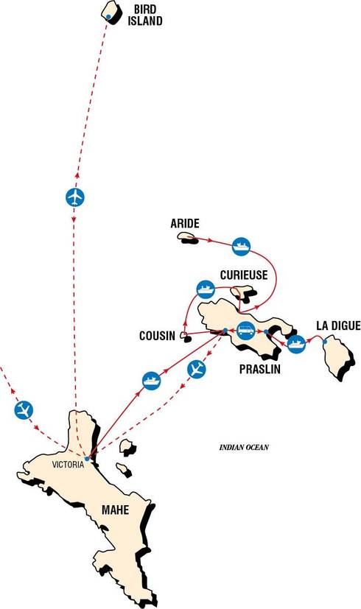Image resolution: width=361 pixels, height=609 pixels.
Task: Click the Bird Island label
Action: click(145, 15)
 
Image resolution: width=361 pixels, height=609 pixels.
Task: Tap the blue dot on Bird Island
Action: click(108, 16)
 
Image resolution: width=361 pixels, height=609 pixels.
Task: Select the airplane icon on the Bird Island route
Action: click(75, 197)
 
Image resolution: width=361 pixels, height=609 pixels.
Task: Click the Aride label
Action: click(185, 223)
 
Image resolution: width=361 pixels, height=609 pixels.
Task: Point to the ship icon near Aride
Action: click(242, 246)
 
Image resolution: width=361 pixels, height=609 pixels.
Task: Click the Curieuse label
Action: click(244, 275)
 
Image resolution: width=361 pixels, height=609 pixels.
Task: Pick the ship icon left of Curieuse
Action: click(206, 289)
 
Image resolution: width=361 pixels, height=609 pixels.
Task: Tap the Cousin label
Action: click(158, 336)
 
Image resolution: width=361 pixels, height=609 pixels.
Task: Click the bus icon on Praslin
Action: click(245, 331)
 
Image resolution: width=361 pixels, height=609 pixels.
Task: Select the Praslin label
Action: click(260, 369)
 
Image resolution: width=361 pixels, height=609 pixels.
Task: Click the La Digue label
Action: click(338, 325)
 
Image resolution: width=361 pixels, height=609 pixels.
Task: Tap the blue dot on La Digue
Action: click(325, 342)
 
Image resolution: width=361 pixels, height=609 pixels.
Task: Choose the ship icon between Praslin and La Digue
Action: click(296, 344)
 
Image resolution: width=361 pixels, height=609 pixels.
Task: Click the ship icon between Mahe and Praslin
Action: click(152, 381)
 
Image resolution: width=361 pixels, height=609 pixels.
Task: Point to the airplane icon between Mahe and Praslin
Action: click(197, 369)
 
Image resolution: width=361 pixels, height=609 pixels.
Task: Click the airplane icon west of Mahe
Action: click(24, 410)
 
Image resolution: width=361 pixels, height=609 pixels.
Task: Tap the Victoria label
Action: click(68, 465)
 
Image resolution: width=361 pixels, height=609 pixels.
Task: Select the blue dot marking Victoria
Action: click(87, 459)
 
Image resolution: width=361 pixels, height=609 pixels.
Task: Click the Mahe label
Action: click(115, 510)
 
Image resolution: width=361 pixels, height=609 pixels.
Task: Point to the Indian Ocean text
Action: click(244, 448)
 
